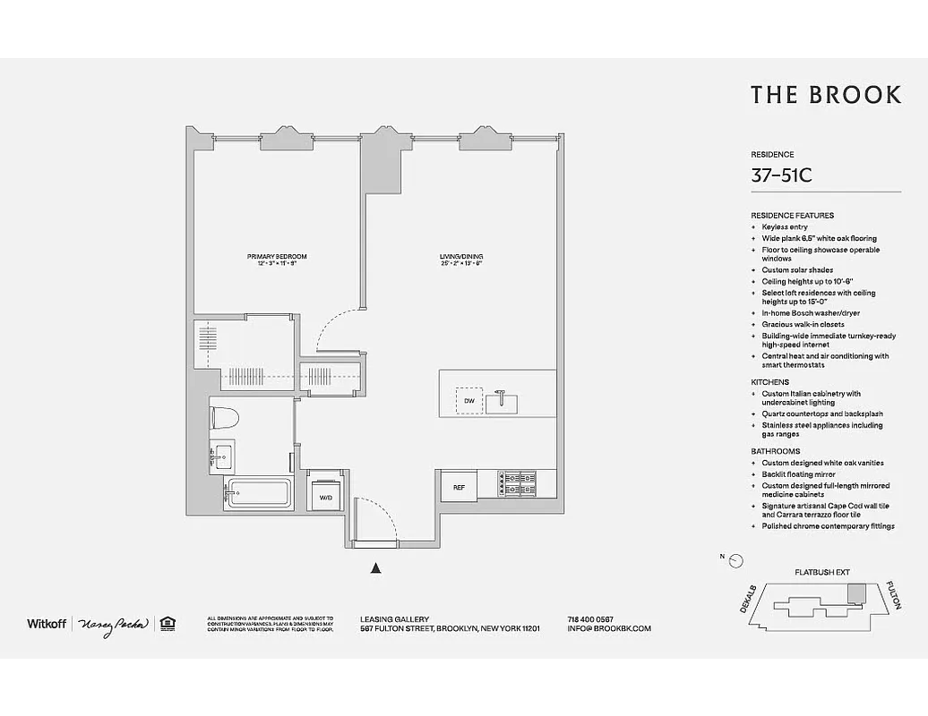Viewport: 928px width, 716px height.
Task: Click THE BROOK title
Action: click(x=825, y=95)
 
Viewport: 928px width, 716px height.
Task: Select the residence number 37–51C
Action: click(x=781, y=175)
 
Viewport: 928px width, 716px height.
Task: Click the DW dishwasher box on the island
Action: click(x=467, y=401)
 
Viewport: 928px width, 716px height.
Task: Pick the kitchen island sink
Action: click(x=503, y=400)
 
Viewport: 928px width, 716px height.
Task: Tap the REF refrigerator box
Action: click(x=459, y=487)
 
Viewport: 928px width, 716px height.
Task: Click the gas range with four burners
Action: click(x=518, y=484)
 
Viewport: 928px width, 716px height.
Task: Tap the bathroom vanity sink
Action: click(x=222, y=456)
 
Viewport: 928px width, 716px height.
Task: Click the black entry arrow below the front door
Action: click(x=376, y=567)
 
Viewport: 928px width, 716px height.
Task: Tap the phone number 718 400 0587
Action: click(x=590, y=618)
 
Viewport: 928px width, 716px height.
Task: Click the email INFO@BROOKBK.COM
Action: click(x=609, y=628)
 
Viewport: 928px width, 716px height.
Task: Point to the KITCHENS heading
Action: click(x=769, y=382)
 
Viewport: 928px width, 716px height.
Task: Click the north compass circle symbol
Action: click(x=736, y=561)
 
